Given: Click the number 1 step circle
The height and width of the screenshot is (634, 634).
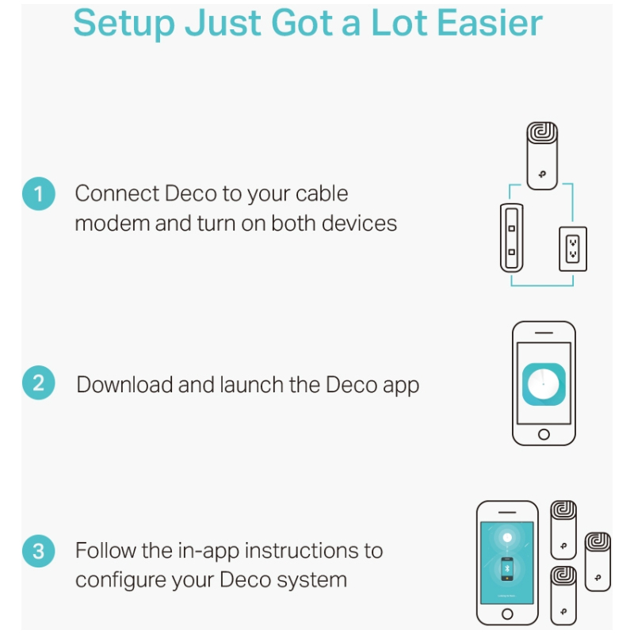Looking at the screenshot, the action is click(38, 193).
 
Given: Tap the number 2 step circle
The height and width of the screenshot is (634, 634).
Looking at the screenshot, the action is click(38, 383).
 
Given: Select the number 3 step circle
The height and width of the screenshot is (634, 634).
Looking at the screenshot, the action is click(38, 551).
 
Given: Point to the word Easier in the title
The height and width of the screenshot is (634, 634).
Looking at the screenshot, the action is click(490, 23).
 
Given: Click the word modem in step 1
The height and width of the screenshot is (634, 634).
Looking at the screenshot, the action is click(113, 223).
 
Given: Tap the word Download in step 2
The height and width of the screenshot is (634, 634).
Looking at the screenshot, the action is click(124, 384).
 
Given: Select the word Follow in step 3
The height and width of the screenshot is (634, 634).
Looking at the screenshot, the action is click(106, 550).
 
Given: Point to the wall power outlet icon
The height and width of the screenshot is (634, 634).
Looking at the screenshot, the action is click(572, 249).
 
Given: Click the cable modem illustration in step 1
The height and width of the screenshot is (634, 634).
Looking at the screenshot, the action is click(511, 238).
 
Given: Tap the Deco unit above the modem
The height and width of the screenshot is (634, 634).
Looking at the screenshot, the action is click(542, 155).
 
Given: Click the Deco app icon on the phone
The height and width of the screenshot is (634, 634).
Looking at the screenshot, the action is click(544, 384).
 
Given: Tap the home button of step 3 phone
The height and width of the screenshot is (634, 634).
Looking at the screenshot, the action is click(507, 613).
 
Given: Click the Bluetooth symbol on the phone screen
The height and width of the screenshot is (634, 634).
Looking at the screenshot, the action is click(507, 568).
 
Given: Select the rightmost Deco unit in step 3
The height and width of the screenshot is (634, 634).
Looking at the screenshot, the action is click(598, 562).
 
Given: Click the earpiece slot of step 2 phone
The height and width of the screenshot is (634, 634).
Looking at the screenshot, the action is click(544, 333).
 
